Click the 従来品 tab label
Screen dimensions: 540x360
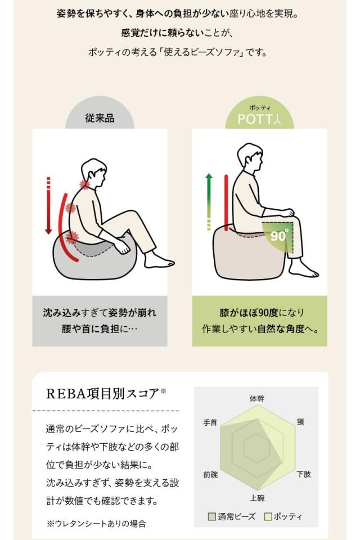point(100,118)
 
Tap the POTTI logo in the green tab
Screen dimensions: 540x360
point(259,119)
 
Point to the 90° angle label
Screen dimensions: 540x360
point(279,235)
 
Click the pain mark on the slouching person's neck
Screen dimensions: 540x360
point(85,185)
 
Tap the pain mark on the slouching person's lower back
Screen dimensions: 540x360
point(72,237)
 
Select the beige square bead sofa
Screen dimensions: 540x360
point(242,253)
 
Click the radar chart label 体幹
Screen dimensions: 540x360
point(256,398)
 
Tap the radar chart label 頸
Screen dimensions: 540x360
point(300,422)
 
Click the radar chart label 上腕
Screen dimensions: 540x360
point(256,498)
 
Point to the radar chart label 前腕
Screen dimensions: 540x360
point(210,474)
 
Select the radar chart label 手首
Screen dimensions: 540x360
point(210,422)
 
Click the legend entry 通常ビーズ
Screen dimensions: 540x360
point(232,516)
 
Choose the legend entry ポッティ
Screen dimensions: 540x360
point(283,516)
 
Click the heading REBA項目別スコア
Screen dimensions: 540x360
point(102,393)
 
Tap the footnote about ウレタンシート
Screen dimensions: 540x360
point(96,523)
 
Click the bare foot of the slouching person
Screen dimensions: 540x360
point(159,261)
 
